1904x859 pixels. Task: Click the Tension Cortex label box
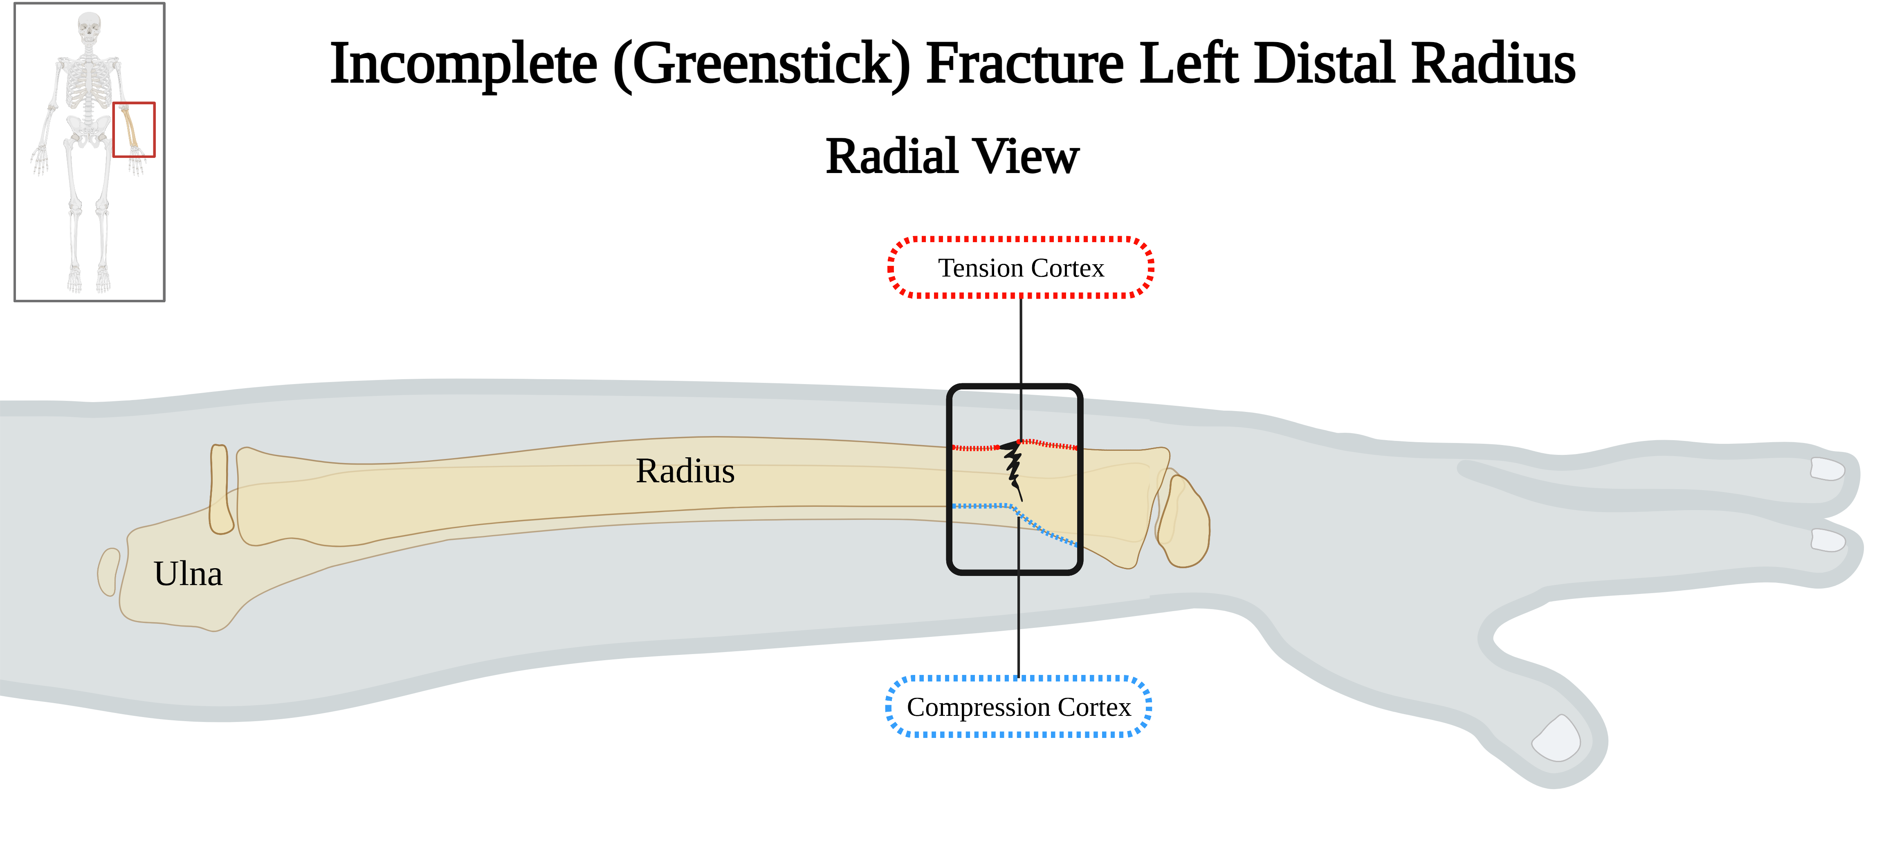(x=1020, y=268)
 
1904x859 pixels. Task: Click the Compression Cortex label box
(x=1019, y=707)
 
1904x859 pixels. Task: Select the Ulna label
(x=188, y=573)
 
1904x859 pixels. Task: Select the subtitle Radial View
(x=952, y=157)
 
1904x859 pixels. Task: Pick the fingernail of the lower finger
(x=1827, y=540)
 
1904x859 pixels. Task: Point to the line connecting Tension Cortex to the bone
(x=1021, y=347)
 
